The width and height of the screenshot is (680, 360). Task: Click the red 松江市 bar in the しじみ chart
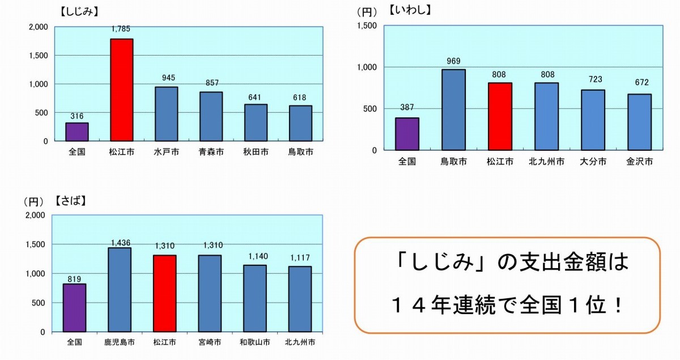pyautogui.click(x=121, y=90)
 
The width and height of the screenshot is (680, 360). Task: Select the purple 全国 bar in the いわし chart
pyautogui.click(x=407, y=134)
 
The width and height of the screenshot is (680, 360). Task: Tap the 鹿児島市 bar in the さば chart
pyautogui.click(x=120, y=289)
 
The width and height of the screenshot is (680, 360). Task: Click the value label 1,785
pyautogui.click(x=121, y=29)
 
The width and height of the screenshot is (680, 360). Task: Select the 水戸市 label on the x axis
pyautogui.click(x=166, y=152)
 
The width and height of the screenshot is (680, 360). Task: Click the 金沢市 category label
pyautogui.click(x=639, y=162)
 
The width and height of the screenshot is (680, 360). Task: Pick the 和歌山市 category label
pyautogui.click(x=254, y=342)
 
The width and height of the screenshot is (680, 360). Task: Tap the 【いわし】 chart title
pyautogui.click(x=411, y=10)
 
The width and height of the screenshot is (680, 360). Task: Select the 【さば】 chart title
pyautogui.click(x=71, y=201)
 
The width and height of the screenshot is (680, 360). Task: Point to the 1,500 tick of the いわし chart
pyautogui.click(x=368, y=26)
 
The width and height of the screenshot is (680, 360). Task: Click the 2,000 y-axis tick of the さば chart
pyautogui.click(x=34, y=215)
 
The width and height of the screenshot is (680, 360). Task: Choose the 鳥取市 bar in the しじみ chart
pyautogui.click(x=300, y=123)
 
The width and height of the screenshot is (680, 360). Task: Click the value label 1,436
pyautogui.click(x=120, y=242)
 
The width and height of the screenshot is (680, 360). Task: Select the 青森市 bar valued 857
pyautogui.click(x=211, y=116)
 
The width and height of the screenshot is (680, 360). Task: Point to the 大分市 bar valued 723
pyautogui.click(x=592, y=120)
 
